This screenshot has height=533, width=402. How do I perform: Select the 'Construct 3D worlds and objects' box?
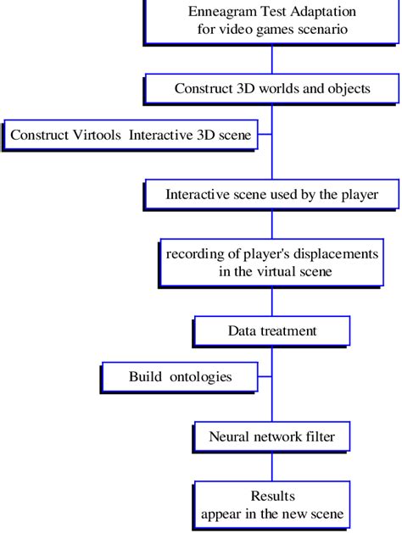[x=271, y=88]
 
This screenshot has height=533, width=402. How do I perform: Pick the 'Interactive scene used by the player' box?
[x=271, y=194]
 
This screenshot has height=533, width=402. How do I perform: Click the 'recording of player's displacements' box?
[x=271, y=264]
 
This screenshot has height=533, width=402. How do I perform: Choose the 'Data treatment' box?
[x=271, y=330]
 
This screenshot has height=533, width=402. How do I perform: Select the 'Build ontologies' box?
[x=179, y=377]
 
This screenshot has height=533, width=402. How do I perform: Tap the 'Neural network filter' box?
[x=271, y=438]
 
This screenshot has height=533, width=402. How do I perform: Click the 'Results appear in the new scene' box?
[x=271, y=504]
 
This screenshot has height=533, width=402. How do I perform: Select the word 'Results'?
[x=271, y=496]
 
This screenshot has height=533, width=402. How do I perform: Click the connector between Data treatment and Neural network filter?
[x=271, y=398]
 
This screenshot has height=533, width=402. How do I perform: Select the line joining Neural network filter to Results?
[x=271, y=467]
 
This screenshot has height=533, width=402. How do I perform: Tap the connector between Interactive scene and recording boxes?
[x=271, y=224]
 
